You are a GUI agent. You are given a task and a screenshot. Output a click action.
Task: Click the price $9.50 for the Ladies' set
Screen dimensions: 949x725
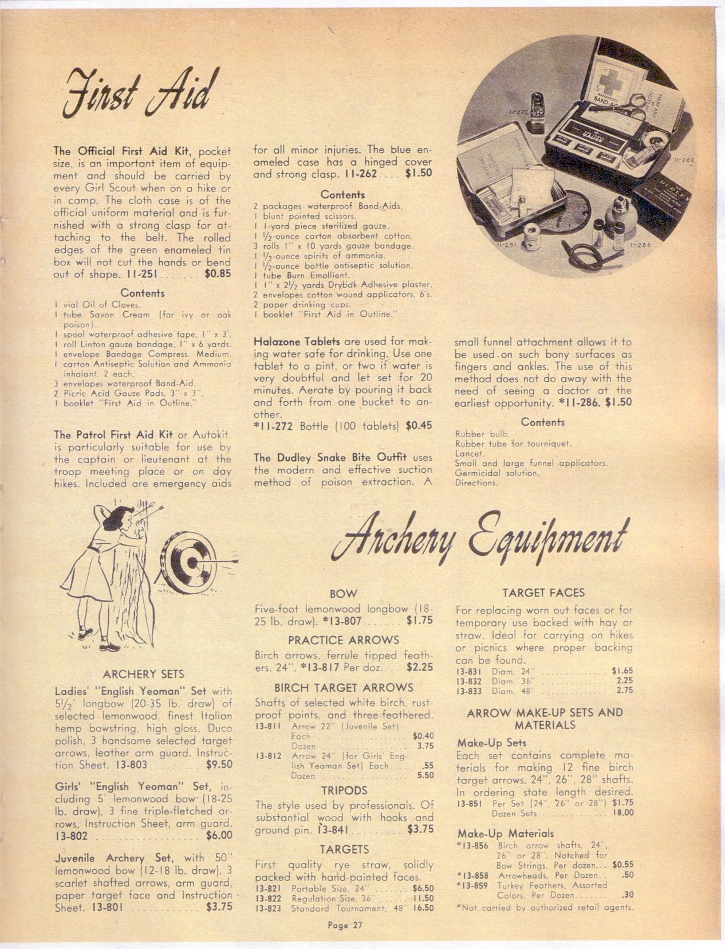(218, 764)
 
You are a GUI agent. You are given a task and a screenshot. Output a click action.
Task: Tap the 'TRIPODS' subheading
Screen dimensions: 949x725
(344, 791)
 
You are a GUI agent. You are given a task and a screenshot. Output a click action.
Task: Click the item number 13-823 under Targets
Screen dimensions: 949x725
(268, 908)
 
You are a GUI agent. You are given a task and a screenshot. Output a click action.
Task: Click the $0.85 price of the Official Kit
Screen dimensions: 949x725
(218, 274)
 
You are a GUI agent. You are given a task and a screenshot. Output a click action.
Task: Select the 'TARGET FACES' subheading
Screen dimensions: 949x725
(543, 593)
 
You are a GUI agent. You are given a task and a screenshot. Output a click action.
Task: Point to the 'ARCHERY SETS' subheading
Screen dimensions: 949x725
(143, 674)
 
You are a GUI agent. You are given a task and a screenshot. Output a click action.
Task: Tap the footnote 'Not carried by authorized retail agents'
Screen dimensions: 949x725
(545, 907)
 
